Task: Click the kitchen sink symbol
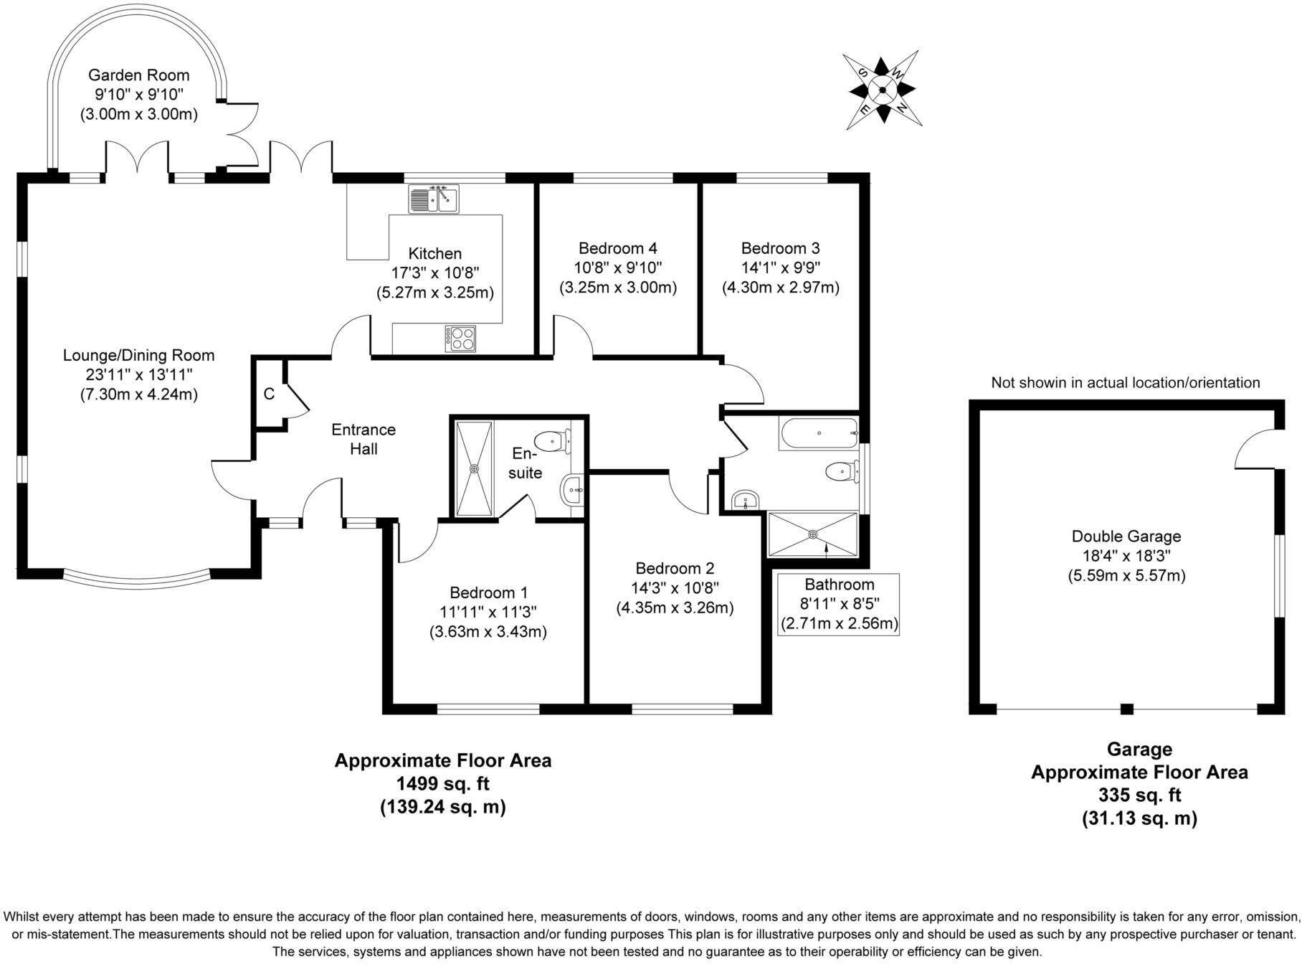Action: pos(434,199)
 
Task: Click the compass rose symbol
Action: pos(883,90)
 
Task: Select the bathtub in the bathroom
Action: pos(818,434)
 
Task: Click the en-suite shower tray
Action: pos(474,468)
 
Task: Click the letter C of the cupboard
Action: pos(269,394)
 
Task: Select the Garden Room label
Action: pos(139,75)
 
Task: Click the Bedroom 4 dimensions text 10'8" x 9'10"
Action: pos(618,268)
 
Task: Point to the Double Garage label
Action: pos(1126,536)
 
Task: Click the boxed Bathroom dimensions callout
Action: pos(839,604)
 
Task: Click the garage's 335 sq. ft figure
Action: pos(1139,795)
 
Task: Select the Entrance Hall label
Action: pos(363,439)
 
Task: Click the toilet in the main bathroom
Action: pos(840,472)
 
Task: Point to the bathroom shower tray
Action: pos(812,534)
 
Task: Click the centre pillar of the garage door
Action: pos(1127,709)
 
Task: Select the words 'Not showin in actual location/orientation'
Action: pos(1126,383)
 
